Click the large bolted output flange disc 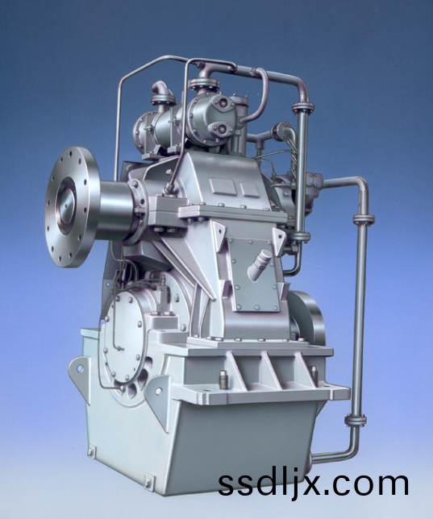coord(71,207)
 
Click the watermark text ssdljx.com coord(313,484)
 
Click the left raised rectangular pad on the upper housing coord(223,186)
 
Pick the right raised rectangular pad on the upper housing coord(249,189)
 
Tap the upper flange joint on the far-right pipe coord(364,219)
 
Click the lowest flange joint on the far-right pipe coord(356,421)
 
